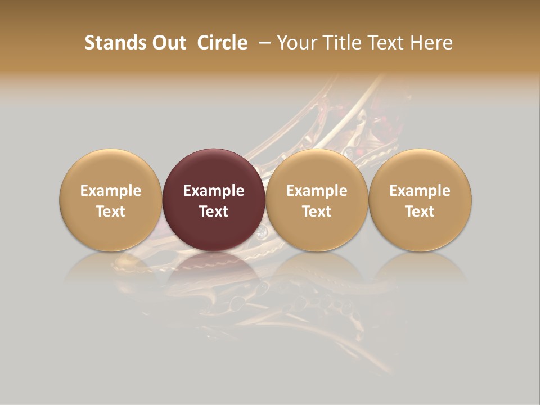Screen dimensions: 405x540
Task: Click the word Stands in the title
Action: tap(111, 43)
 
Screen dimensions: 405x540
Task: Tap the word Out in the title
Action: tap(168, 43)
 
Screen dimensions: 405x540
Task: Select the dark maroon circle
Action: tap(214, 200)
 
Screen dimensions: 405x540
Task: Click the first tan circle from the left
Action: tap(111, 200)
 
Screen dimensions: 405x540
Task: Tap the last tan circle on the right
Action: tap(420, 200)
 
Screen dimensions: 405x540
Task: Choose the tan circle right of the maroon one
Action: tap(317, 200)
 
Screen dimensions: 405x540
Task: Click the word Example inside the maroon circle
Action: tap(214, 191)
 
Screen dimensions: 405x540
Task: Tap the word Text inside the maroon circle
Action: tap(214, 211)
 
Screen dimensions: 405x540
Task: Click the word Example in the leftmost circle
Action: tap(111, 191)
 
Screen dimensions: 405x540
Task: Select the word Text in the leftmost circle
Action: tap(111, 211)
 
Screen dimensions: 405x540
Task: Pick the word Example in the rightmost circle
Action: tap(420, 191)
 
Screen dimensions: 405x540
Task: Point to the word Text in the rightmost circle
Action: tap(420, 211)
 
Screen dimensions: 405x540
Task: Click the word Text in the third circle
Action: tap(317, 211)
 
